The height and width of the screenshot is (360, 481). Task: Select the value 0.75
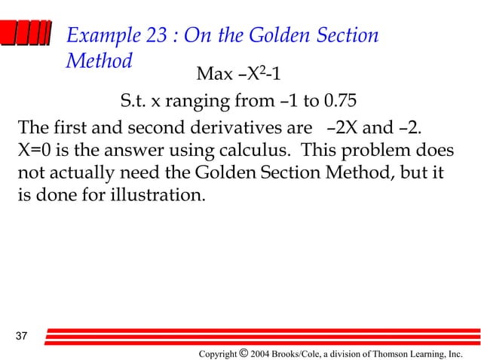337,100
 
